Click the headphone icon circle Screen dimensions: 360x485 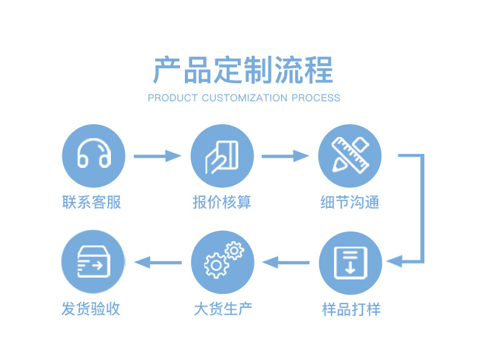93,156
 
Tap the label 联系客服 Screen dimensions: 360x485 92,202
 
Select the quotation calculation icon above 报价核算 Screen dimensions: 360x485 222,156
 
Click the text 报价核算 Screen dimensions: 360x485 222,202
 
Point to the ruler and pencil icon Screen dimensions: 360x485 350,156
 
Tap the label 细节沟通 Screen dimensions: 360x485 350,202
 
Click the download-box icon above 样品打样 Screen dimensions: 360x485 350,262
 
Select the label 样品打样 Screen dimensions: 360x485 351,309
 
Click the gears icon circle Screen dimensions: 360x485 222,262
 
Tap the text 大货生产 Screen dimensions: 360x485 222,309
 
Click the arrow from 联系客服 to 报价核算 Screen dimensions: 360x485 157,156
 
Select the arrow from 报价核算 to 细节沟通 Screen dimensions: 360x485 285,156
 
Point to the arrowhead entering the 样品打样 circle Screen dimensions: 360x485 394,262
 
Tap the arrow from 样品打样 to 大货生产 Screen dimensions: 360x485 286,262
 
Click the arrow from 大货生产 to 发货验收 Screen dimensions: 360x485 158,262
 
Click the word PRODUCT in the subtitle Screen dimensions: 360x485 173,98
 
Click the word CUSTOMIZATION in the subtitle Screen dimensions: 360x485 244,98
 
